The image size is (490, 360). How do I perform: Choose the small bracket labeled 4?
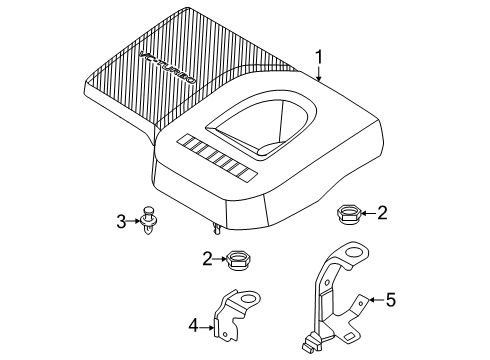tap(240, 319)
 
